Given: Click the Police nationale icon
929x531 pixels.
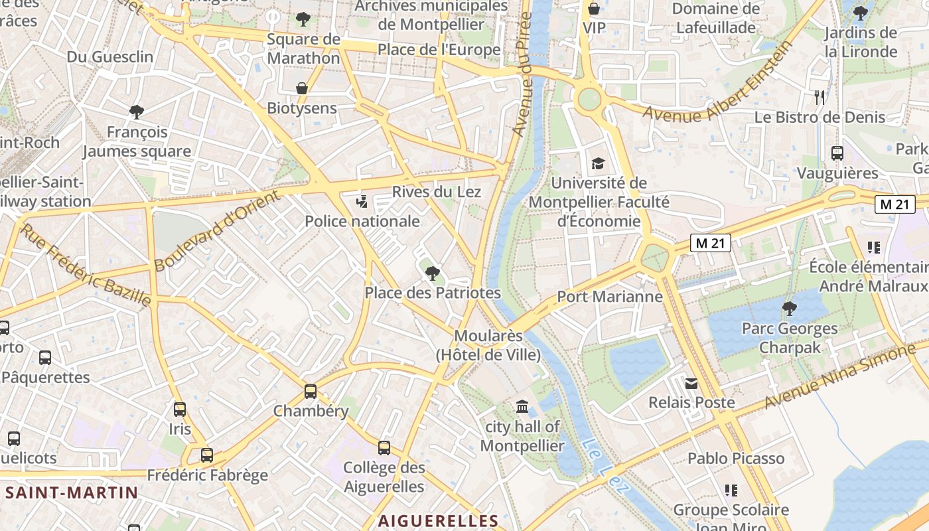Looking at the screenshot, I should tap(362, 201).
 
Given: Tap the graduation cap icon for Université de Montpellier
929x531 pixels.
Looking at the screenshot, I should tap(598, 163).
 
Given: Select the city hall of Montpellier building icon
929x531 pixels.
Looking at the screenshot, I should tap(522, 406).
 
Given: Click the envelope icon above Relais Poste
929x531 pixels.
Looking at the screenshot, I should tap(691, 383).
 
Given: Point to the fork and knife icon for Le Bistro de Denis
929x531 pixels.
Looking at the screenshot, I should tap(820, 98).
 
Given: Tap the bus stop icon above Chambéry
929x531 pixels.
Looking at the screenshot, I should tap(311, 391).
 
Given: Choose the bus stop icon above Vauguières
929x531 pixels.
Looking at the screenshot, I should tap(837, 153).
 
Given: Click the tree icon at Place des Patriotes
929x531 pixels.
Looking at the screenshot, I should tap(432, 273).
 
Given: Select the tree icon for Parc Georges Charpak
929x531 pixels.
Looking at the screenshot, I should tap(789, 308).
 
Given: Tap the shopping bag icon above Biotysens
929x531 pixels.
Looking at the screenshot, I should tap(302, 88).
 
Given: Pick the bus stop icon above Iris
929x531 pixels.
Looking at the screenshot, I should tap(180, 409).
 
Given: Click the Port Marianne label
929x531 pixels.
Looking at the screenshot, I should tap(610, 297).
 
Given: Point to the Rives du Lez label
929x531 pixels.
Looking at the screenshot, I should tap(436, 192).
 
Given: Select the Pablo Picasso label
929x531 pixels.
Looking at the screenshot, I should tap(736, 459).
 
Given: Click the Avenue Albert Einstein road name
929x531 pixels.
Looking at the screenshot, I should tap(718, 81).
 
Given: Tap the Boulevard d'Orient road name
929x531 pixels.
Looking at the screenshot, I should tap(217, 230).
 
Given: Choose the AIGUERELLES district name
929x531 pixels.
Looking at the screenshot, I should tap(438, 520).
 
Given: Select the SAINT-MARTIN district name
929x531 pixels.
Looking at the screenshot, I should tap(72, 493).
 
